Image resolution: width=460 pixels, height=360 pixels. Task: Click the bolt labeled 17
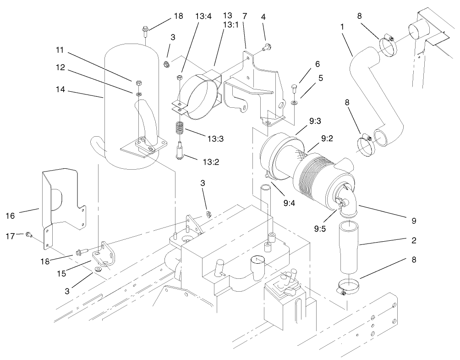click(x=28, y=235)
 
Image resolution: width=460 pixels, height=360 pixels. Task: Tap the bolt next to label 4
click(x=267, y=46)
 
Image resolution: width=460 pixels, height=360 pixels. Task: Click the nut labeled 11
click(x=138, y=83)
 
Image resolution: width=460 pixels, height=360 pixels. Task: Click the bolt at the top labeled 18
click(x=145, y=31)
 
